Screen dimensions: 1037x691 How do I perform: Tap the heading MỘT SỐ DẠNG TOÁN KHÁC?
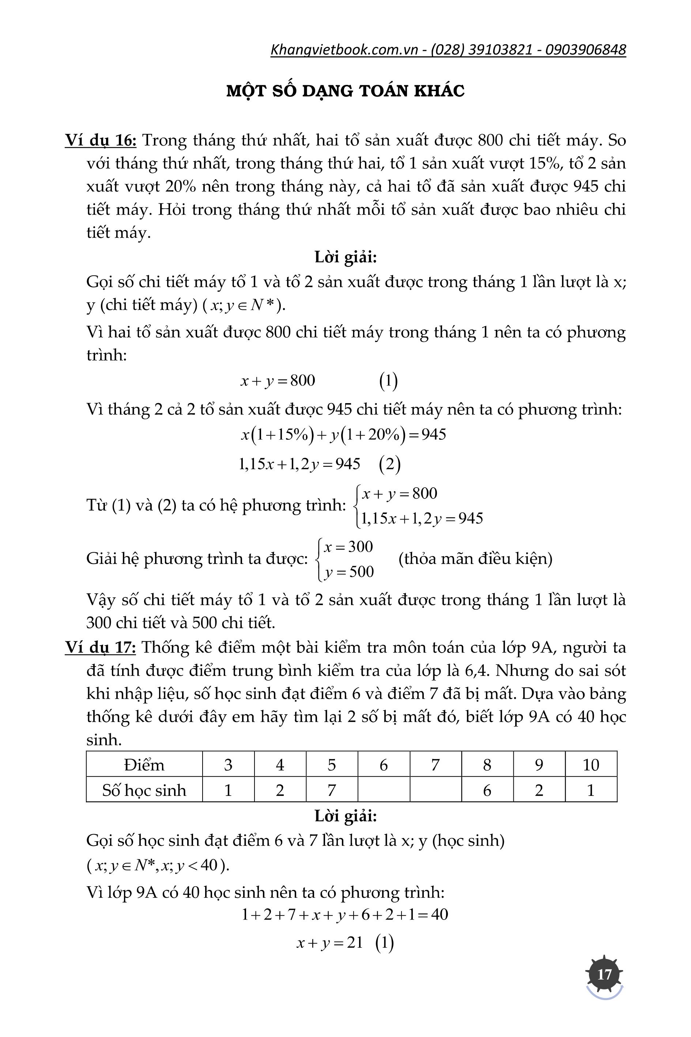(345, 90)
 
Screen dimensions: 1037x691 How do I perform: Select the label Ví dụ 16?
(101, 140)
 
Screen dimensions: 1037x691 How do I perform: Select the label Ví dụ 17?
(101, 647)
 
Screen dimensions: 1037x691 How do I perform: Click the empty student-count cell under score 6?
(384, 790)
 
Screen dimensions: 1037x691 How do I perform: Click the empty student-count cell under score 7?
(435, 790)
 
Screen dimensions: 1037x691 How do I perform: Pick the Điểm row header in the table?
(144, 764)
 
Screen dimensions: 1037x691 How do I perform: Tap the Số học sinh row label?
(144, 790)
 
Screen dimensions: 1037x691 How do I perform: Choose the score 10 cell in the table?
(590, 764)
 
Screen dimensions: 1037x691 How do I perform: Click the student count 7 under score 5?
(331, 790)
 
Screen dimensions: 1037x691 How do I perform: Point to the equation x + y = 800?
(277, 380)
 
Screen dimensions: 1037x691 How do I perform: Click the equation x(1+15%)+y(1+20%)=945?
(343, 435)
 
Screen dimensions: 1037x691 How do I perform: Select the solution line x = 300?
(348, 547)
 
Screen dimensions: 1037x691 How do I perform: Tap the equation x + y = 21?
(330, 943)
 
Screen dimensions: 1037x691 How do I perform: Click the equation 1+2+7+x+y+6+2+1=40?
(345, 914)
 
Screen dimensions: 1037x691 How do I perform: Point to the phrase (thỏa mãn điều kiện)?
(475, 559)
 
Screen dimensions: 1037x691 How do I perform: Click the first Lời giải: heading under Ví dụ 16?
(345, 257)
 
